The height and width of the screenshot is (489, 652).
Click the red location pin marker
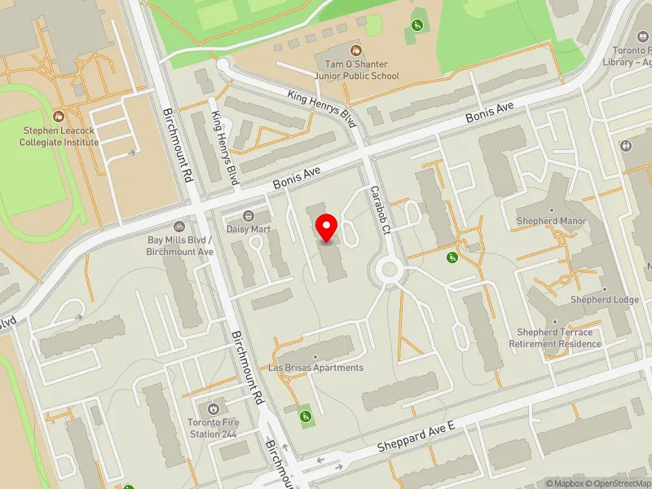(x=327, y=227)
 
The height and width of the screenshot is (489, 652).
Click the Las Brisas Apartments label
(x=316, y=368)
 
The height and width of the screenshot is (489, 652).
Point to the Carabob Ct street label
(x=381, y=211)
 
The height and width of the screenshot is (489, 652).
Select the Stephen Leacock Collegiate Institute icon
(x=60, y=117)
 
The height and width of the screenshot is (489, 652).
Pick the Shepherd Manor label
(x=551, y=221)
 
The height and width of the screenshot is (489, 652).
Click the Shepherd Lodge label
(x=604, y=300)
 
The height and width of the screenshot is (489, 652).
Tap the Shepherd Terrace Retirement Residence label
(x=555, y=338)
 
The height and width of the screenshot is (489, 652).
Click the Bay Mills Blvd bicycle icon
(x=179, y=227)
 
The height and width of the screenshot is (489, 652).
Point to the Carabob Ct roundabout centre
(x=389, y=269)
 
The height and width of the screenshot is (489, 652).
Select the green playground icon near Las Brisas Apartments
(x=306, y=417)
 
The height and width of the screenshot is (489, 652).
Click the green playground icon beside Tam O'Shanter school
(x=418, y=26)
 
